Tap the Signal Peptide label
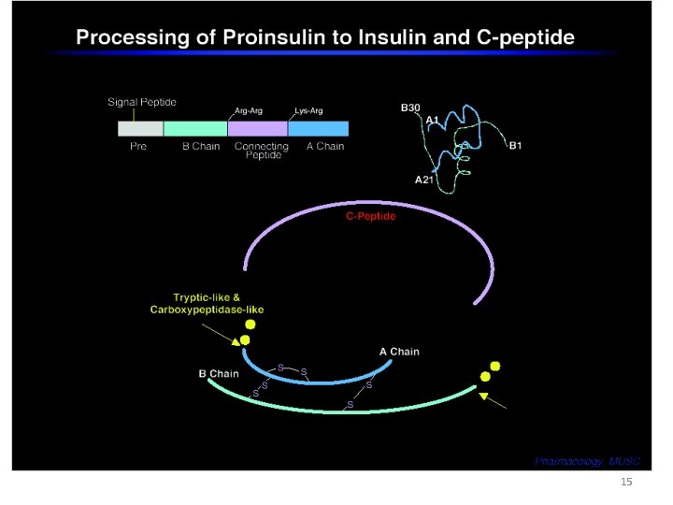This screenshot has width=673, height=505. (141, 101)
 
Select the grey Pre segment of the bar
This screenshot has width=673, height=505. (139, 129)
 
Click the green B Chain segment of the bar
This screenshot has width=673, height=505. (194, 129)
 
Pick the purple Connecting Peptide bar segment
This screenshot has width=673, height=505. (257, 129)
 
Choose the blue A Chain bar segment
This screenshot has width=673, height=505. (318, 129)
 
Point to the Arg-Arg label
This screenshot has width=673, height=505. (248, 110)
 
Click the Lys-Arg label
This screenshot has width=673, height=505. (308, 110)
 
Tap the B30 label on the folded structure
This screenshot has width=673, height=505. (409, 108)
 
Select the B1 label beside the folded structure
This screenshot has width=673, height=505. (516, 145)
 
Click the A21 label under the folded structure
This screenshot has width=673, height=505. (424, 180)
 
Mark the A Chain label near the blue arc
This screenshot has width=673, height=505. (399, 352)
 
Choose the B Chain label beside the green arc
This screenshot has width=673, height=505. (219, 374)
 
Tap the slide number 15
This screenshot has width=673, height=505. (626, 482)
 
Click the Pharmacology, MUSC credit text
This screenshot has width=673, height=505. (586, 461)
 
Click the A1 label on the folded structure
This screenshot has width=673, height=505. (433, 120)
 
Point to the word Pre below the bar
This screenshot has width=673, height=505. (137, 147)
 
